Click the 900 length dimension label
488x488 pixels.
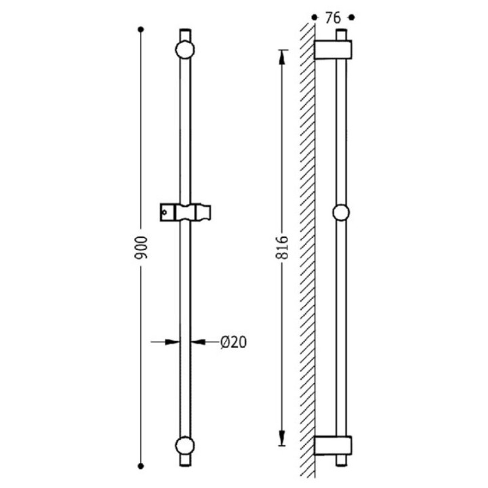(x=141, y=247)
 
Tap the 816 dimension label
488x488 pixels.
(x=282, y=247)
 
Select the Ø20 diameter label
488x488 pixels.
(x=233, y=342)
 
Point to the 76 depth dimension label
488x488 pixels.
(x=333, y=18)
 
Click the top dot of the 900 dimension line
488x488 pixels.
(x=141, y=30)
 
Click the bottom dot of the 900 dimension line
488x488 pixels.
(x=141, y=466)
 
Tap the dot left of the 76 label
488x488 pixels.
(x=314, y=18)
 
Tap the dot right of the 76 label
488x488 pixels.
(x=352, y=18)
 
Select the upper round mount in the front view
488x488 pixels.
(x=185, y=49)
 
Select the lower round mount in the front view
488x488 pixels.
(x=185, y=446)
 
